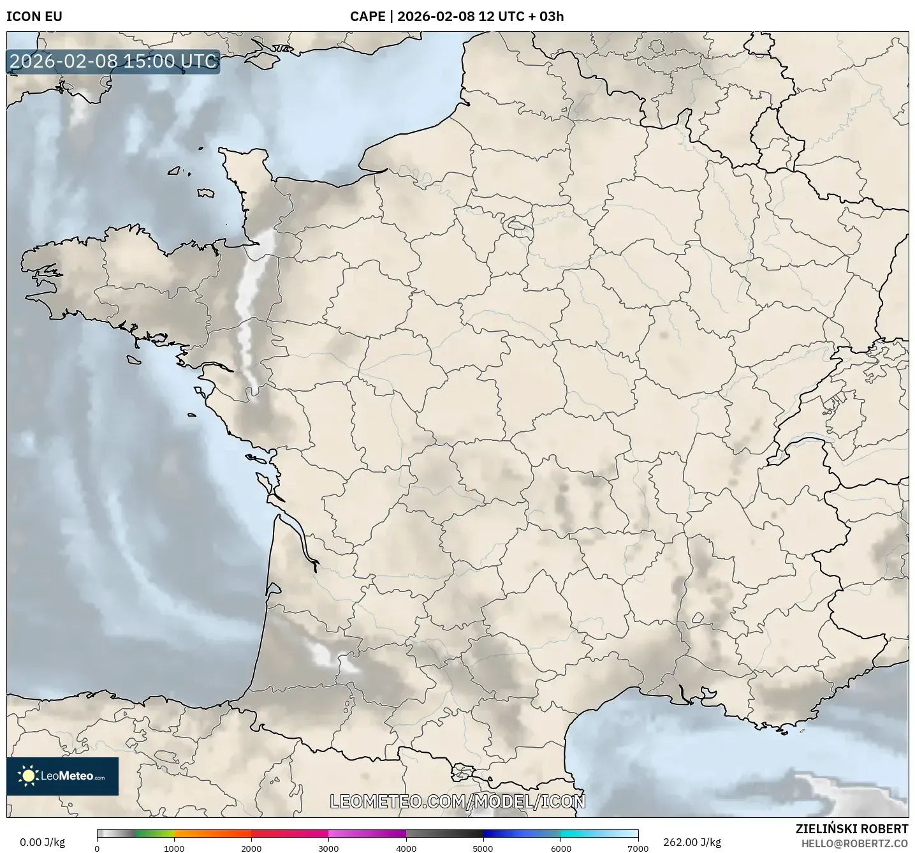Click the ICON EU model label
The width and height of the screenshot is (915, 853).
[34, 17]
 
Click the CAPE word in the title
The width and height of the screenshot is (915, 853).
[367, 17]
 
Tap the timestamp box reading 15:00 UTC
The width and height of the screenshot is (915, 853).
[113, 61]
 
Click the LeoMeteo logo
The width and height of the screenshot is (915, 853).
[62, 776]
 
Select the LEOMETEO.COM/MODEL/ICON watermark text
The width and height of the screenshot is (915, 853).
[457, 801]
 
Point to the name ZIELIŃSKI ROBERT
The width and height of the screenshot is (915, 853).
[852, 829]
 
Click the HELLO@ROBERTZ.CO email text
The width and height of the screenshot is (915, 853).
[854, 843]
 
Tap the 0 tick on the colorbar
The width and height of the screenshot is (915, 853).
[97, 849]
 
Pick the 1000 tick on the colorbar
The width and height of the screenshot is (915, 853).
[174, 849]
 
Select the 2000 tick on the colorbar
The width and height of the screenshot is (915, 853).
[251, 849]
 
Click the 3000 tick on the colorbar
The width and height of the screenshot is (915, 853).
[328, 849]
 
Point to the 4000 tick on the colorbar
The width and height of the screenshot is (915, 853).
[406, 849]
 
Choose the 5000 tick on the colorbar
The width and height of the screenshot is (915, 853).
[483, 849]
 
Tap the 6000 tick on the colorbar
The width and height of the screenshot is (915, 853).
[560, 849]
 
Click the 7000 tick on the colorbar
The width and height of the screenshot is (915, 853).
[638, 849]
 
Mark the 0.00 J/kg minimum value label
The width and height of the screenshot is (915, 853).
[43, 842]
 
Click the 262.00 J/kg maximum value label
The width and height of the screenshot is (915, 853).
[692, 842]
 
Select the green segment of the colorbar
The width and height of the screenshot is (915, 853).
[153, 834]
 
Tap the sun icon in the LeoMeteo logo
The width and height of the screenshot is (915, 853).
[28, 776]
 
